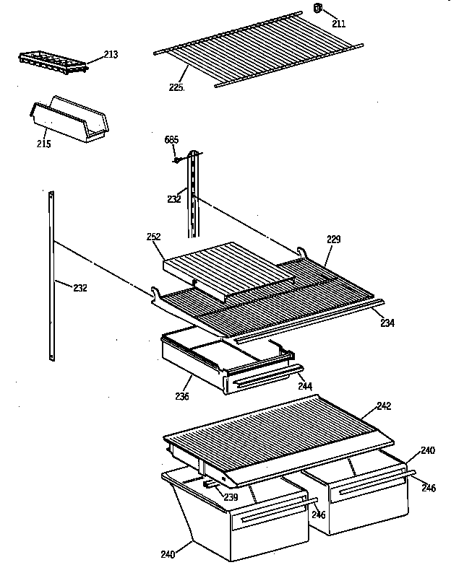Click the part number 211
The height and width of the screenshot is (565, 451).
(x=339, y=24)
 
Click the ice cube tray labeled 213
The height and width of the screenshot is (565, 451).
(x=52, y=62)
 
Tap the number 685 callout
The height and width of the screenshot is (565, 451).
(x=171, y=139)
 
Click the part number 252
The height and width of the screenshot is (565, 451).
(x=153, y=237)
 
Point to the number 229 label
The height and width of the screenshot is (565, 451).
(x=333, y=239)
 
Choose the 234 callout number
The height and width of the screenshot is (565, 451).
(x=387, y=323)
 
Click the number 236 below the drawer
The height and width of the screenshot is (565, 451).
(x=181, y=397)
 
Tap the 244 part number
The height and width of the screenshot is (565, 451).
(x=305, y=387)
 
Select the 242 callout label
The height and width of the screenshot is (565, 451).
(x=384, y=406)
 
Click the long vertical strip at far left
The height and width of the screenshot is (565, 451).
(x=52, y=274)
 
